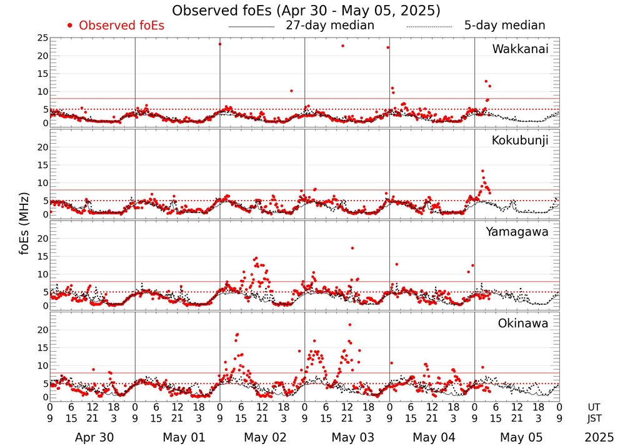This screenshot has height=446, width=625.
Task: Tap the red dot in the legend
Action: click(x=70, y=26)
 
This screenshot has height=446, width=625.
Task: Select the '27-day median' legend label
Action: click(x=330, y=26)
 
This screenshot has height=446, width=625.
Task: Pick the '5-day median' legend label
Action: click(x=504, y=26)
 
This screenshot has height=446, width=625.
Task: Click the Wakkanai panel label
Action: click(x=520, y=49)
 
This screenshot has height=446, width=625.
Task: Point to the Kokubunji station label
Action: click(x=521, y=141)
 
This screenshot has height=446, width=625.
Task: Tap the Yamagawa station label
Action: click(x=517, y=232)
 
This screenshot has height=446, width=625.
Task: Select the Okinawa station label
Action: click(x=523, y=324)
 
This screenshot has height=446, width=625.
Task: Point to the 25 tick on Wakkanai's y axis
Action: click(x=42, y=39)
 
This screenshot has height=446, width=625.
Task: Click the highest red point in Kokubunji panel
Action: click(x=482, y=171)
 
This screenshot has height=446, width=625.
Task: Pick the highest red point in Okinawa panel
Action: click(x=349, y=324)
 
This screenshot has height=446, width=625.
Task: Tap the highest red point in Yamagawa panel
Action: click(x=352, y=248)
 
